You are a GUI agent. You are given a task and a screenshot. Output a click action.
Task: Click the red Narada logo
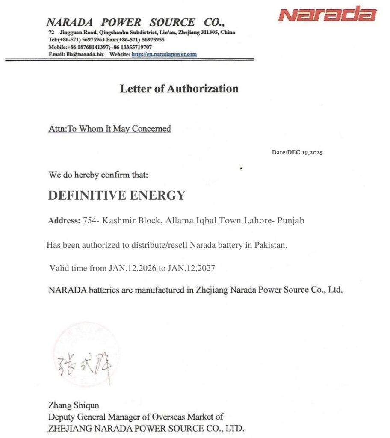tap(327, 15)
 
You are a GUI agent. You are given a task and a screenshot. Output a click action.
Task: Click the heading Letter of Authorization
tap(179, 89)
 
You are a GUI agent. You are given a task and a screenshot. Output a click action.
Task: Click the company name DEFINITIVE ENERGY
tap(116, 195)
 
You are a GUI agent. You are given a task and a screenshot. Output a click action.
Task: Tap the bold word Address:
tap(64, 221)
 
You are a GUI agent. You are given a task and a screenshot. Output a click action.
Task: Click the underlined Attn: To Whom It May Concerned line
tap(110, 129)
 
